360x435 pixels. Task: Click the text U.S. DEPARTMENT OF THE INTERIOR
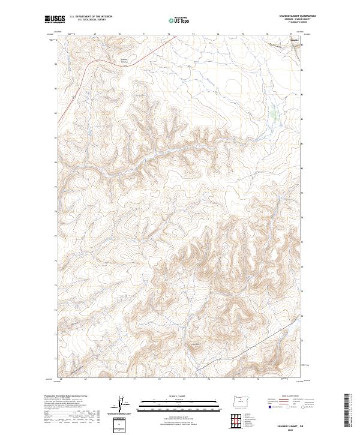[x=91, y=17]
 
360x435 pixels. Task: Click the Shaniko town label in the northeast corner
[x=295, y=40]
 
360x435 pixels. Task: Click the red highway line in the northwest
[x=108, y=58]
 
